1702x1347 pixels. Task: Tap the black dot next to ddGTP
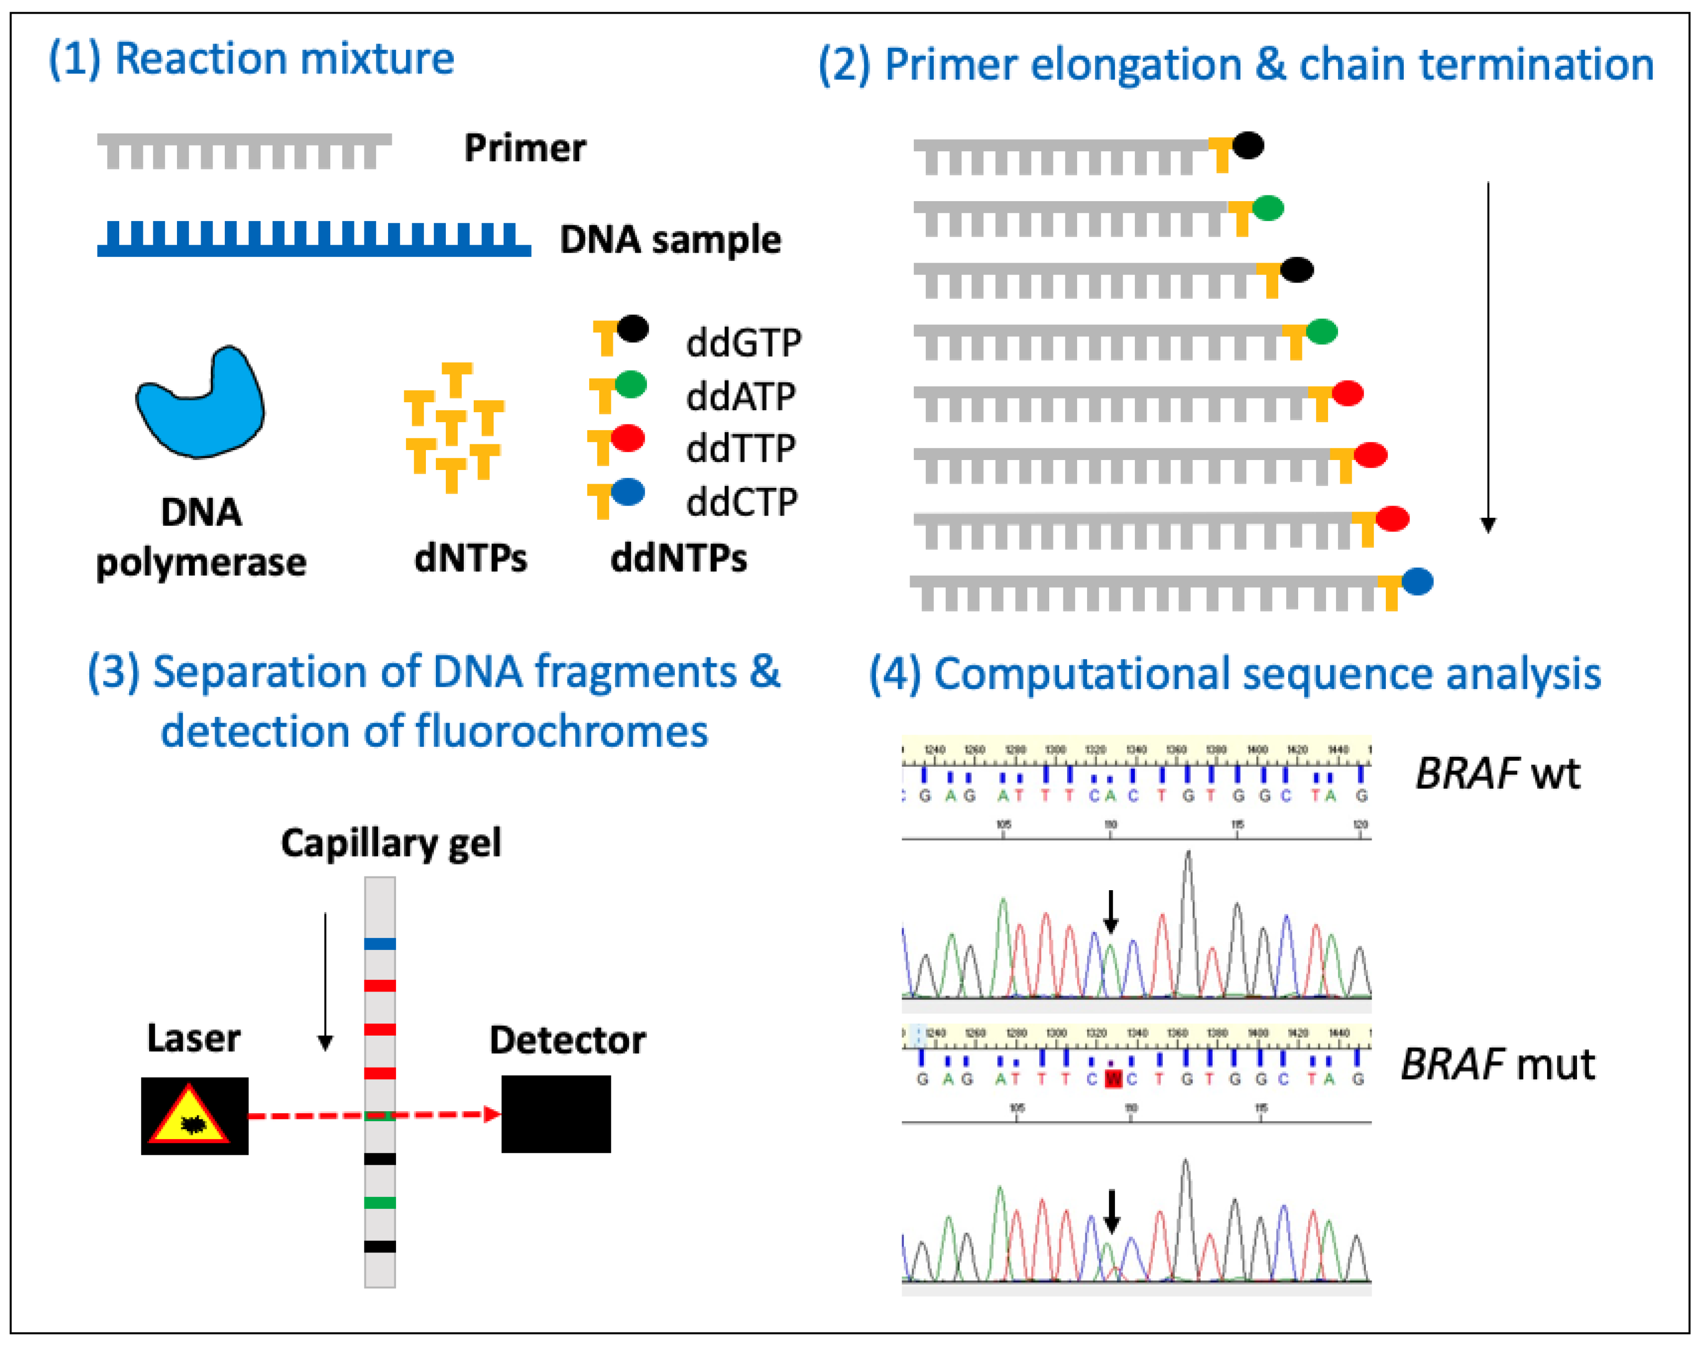tap(632, 328)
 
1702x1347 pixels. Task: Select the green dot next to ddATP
tap(631, 384)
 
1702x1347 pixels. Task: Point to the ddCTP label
tap(742, 503)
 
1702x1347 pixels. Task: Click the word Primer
tap(525, 148)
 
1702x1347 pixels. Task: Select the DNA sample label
tap(671, 240)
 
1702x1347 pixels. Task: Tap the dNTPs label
tap(471, 558)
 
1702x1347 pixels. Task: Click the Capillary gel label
tap(391, 843)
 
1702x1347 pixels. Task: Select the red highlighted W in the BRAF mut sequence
tap(1113, 1079)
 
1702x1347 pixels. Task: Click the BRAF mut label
tap(1497, 1064)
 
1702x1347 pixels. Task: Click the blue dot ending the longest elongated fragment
tap(1417, 581)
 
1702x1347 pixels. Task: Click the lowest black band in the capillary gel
tap(379, 1247)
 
